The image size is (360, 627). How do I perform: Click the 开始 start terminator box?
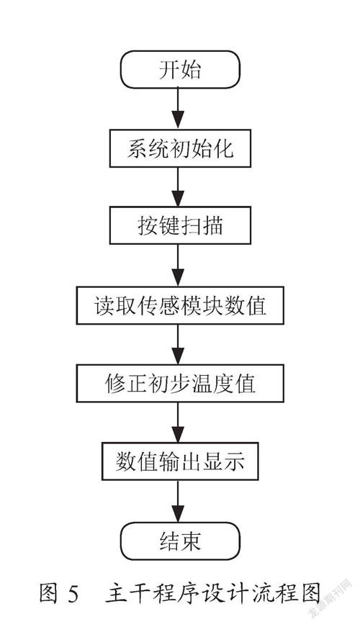click(180, 70)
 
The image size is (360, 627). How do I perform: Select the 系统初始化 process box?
click(180, 148)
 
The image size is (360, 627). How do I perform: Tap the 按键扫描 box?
click(180, 225)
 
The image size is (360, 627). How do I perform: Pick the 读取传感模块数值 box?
click(180, 305)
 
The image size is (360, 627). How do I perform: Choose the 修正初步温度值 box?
click(180, 383)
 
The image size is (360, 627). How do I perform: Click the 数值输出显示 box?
click(180, 461)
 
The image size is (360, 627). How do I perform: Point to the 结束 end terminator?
click(180, 541)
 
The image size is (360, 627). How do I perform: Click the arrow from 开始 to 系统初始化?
click(178, 109)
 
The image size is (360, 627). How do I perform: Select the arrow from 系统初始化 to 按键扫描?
click(178, 186)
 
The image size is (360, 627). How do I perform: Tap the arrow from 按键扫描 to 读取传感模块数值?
click(178, 266)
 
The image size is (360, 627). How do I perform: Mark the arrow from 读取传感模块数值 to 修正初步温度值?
click(178, 344)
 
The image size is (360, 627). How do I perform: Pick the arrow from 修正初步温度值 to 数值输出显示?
click(178, 423)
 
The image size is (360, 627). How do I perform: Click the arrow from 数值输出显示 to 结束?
click(178, 501)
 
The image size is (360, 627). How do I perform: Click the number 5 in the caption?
click(73, 593)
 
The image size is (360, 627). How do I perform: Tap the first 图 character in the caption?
click(49, 593)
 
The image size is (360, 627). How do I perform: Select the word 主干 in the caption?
click(129, 593)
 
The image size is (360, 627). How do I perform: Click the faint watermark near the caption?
click(330, 597)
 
